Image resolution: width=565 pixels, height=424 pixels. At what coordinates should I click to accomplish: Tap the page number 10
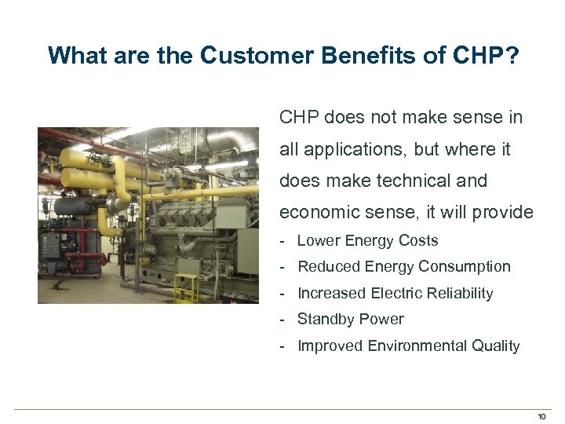pyautogui.click(x=541, y=415)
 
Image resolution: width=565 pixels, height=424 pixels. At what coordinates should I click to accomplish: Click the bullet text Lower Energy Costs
pyautogui.click(x=367, y=241)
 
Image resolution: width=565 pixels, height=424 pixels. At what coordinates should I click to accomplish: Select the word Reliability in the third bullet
pyautogui.click(x=457, y=294)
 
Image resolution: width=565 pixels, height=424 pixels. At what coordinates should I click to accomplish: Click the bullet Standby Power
pyautogui.click(x=350, y=320)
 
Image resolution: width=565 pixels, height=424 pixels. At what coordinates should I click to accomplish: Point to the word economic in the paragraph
pyautogui.click(x=314, y=213)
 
